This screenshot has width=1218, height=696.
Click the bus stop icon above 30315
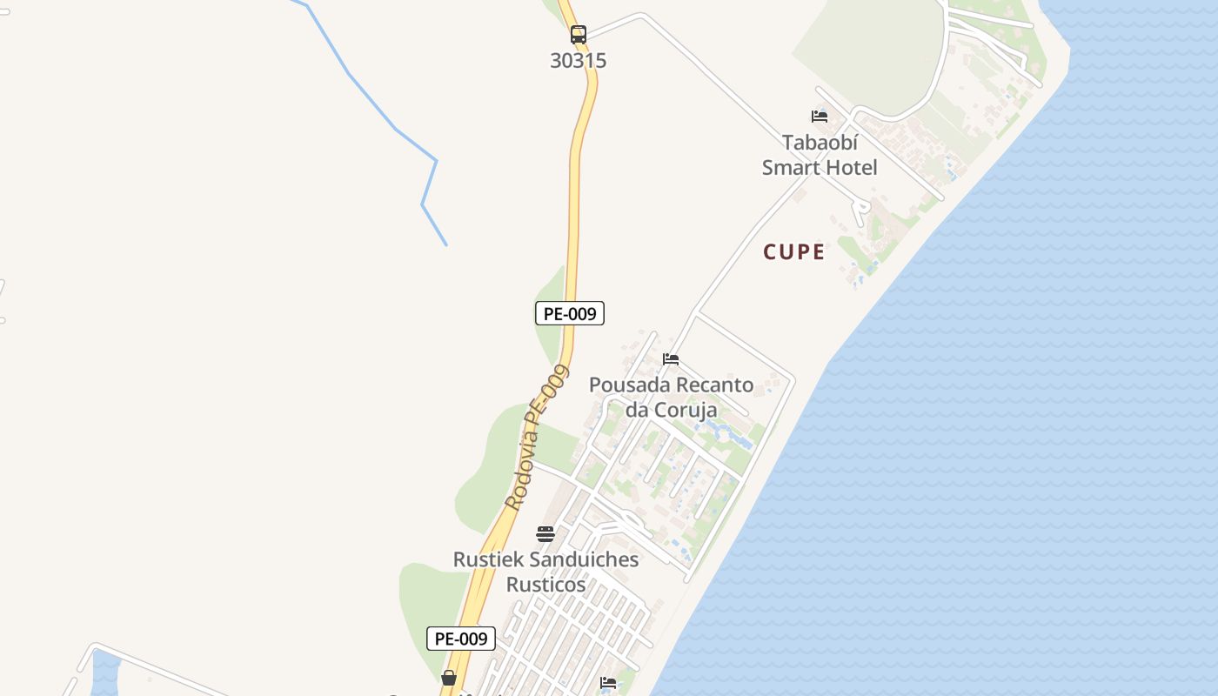pyautogui.click(x=579, y=35)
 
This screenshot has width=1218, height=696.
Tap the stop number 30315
pyautogui.click(x=579, y=61)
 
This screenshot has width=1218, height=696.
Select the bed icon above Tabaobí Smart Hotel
pyautogui.click(x=819, y=117)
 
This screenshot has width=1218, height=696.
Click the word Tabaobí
pyautogui.click(x=820, y=143)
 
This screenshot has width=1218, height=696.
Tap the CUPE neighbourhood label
pyautogui.click(x=793, y=252)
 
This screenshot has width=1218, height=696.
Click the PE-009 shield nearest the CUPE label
pyautogui.click(x=569, y=313)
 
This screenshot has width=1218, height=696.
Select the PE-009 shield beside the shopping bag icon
pyautogui.click(x=461, y=639)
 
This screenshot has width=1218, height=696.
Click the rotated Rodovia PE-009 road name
pyautogui.click(x=536, y=438)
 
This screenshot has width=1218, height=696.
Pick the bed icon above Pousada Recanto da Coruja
pyautogui.click(x=671, y=359)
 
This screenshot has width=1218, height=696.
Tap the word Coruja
pyautogui.click(x=687, y=410)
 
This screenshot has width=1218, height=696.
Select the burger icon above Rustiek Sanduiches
pyautogui.click(x=545, y=534)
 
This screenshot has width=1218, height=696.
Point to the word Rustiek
pyautogui.click(x=485, y=559)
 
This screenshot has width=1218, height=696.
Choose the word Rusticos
pyautogui.click(x=545, y=585)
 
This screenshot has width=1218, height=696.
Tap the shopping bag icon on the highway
pyautogui.click(x=449, y=678)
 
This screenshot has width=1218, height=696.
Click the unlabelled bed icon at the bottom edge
pyautogui.click(x=608, y=684)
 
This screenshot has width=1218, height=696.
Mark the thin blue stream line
pyautogui.click(x=396, y=130)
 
